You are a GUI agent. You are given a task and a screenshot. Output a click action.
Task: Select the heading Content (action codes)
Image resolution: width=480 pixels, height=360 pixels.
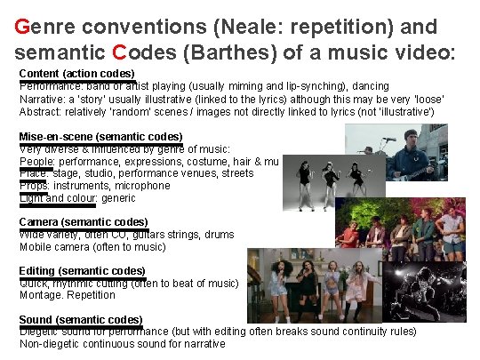tap(77, 73)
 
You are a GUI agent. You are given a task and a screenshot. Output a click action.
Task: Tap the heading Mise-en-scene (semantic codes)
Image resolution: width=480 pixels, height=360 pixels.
tap(100, 137)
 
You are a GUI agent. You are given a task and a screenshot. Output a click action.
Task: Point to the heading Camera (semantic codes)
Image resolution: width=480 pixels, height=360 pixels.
tap(83, 222)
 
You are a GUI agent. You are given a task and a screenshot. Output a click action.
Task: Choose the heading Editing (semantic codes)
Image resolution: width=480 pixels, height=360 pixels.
tap(82, 271)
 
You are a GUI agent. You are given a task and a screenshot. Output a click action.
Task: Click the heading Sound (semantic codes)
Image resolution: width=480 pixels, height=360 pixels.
tap(80, 320)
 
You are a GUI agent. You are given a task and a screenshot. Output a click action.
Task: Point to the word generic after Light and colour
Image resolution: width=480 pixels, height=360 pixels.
tap(119, 198)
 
